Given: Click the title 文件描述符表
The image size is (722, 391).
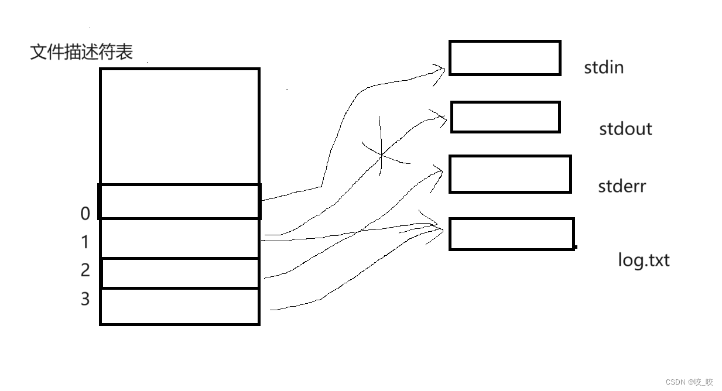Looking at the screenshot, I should [81, 52].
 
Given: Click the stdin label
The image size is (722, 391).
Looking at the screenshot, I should [604, 68].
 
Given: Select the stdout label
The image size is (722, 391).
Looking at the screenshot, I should [625, 129].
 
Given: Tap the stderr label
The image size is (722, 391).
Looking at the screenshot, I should [622, 187].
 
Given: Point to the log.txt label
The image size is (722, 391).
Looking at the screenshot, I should [644, 260].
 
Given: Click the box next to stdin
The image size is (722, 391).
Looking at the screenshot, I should [505, 58].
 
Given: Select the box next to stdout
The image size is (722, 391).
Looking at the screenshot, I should [505, 117].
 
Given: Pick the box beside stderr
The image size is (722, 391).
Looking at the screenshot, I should [510, 174].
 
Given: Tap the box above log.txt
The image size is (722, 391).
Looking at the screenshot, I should [512, 234].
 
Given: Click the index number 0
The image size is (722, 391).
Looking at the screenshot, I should [85, 214].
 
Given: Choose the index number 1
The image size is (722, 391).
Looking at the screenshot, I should [85, 242].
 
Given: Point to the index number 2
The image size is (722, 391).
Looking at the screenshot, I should [85, 270].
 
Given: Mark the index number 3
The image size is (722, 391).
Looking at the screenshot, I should [85, 299].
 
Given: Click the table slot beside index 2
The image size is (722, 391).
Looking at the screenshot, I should [180, 273].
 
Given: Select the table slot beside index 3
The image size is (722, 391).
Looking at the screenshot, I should [180, 306].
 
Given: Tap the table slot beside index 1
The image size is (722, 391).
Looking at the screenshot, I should [180, 239].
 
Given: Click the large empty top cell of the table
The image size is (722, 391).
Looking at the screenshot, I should [180, 126].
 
